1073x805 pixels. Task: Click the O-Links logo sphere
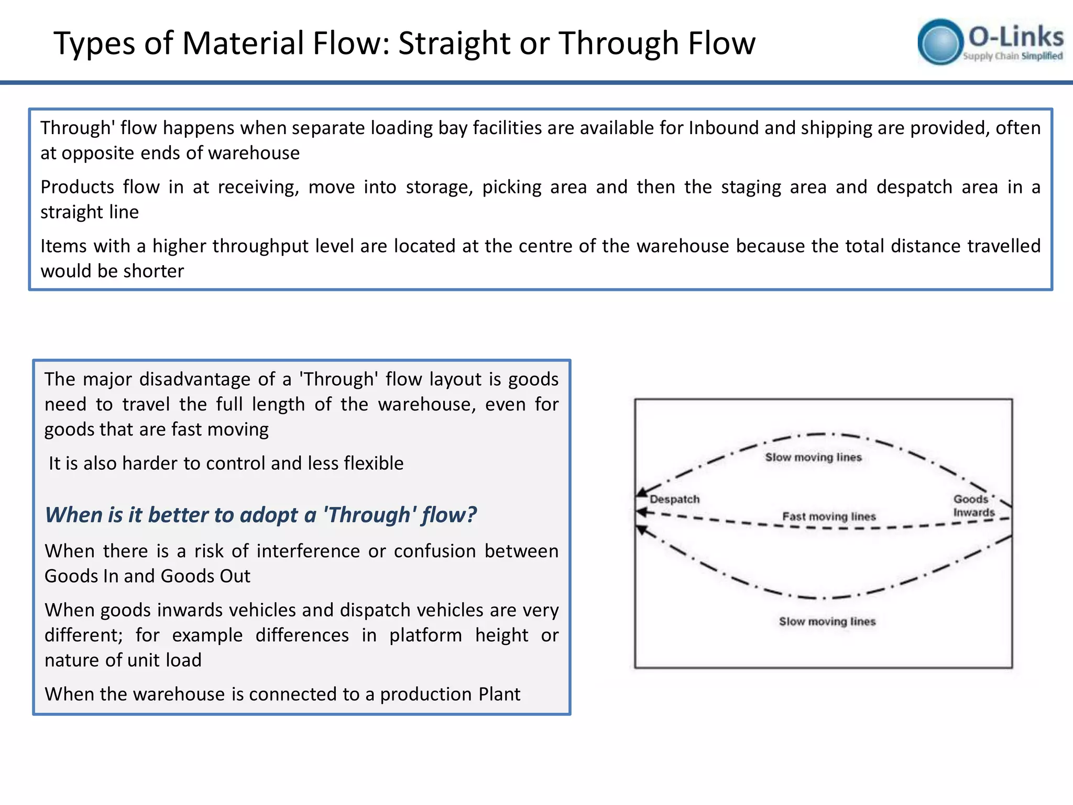pos(940,42)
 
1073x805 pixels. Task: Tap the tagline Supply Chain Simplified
pos(1012,56)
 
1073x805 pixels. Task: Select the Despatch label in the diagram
pos(674,499)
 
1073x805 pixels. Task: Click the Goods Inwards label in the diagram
pos(973,506)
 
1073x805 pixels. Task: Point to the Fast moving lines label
pos(829,516)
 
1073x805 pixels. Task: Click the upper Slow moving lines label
pos(813,457)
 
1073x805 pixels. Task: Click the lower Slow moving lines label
pos(827,621)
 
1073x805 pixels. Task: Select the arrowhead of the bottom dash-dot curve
pos(641,529)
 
